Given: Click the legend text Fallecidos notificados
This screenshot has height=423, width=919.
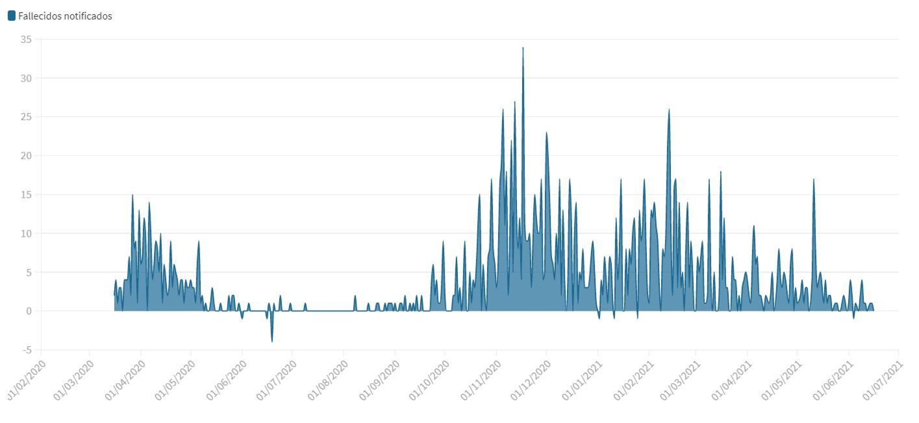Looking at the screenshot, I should coord(65,16).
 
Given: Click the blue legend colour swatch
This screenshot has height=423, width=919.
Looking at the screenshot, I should coord(11,16).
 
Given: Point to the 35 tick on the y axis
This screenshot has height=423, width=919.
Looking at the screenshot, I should coord(26,40).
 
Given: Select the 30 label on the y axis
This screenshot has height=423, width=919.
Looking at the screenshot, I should coord(26,78).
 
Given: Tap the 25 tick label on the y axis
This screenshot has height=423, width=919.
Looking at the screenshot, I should coord(26,117).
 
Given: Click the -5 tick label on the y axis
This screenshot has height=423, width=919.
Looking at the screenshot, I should coord(26,350).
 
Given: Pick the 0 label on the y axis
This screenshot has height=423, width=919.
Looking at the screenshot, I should coord(29,312).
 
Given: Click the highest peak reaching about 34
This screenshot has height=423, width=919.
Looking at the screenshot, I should coord(523,48).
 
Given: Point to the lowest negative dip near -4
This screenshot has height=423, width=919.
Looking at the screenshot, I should coord(272,341).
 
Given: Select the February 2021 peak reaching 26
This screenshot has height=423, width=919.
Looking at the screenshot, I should coord(669,110).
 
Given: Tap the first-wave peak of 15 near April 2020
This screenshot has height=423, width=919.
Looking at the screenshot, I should coord(132,195).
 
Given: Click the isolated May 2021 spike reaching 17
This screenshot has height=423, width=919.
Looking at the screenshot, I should coord(813,180).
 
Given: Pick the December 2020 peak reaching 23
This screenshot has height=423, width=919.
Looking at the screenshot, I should coord(546,133).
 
